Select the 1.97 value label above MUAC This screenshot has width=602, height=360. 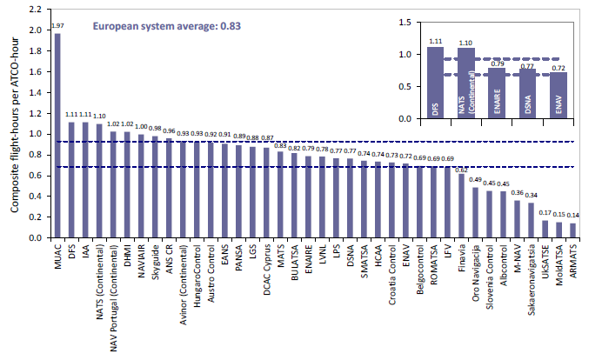coord(57,26)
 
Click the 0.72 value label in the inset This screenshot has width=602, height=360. coord(559,66)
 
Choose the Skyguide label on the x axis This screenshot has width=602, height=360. coord(156,262)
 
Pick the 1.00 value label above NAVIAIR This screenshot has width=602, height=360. coord(142,127)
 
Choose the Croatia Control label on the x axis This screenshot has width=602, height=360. coord(391,270)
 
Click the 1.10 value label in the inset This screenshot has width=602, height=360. coord(466,42)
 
